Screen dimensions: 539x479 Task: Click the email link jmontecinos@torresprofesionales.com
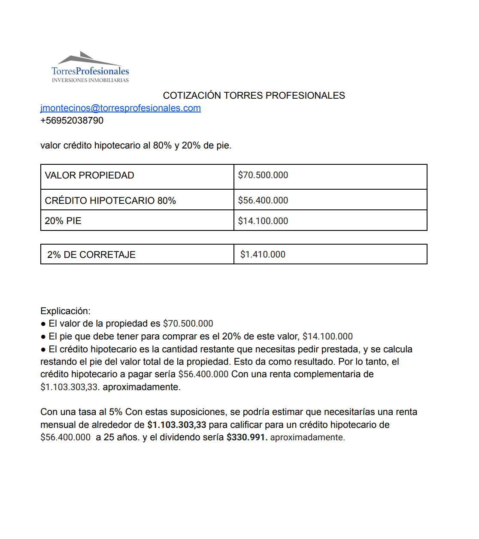121,108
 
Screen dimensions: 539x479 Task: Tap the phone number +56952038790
72,121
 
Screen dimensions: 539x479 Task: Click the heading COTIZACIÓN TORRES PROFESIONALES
254,96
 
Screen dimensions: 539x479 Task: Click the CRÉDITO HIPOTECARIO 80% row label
110,201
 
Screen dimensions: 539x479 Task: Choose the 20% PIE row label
63,221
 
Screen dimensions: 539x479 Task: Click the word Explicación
65,311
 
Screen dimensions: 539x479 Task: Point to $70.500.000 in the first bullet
188,324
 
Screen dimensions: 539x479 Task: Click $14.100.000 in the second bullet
327,336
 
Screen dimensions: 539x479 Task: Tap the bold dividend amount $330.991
247,437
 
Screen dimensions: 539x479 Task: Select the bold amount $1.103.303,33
176,425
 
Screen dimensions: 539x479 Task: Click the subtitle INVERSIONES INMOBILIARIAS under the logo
90,80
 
